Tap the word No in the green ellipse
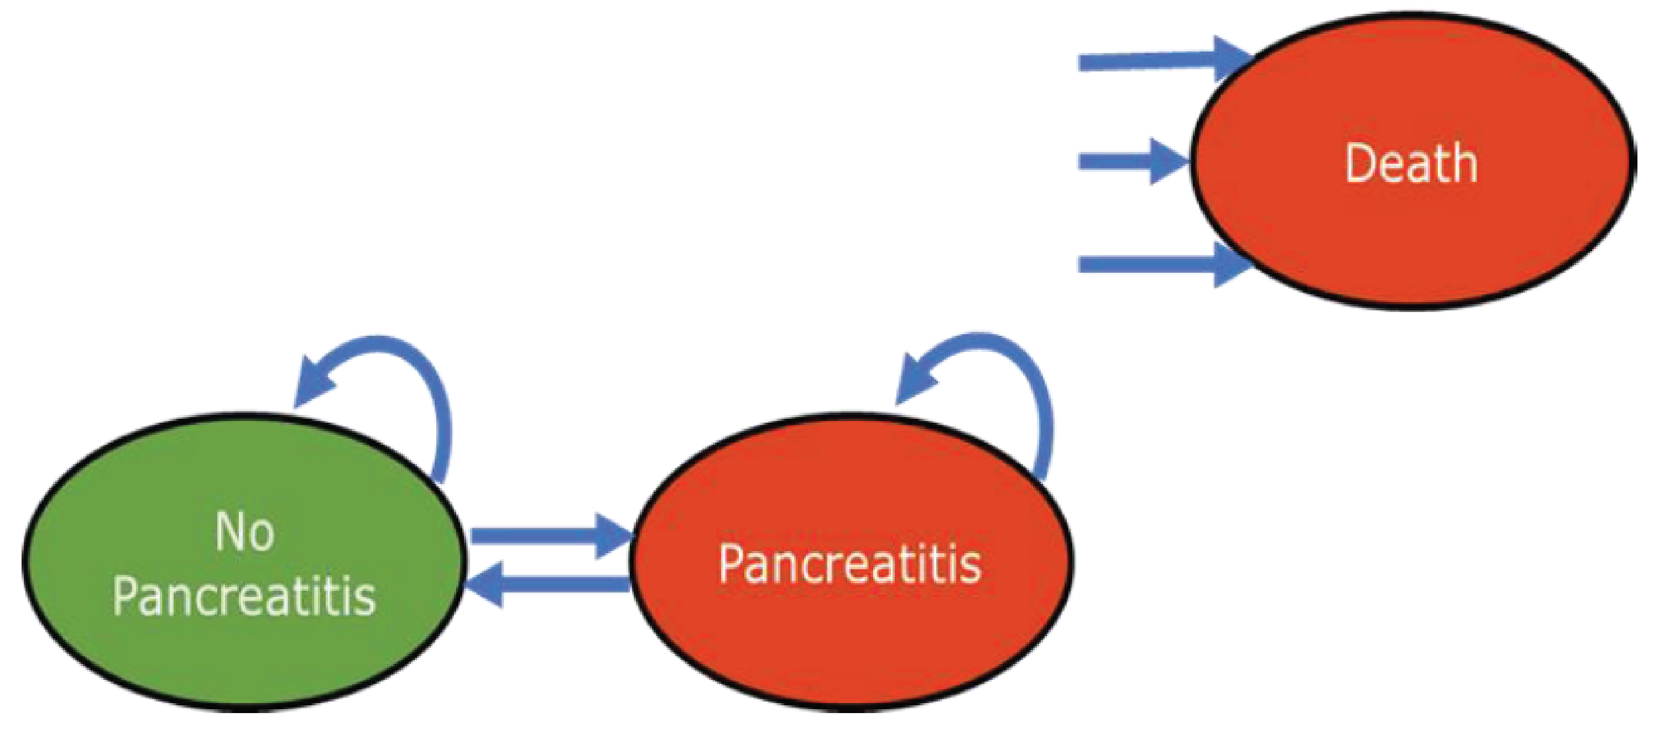click(245, 532)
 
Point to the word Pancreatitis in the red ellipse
click(850, 564)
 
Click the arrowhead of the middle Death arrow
click(1169, 161)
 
